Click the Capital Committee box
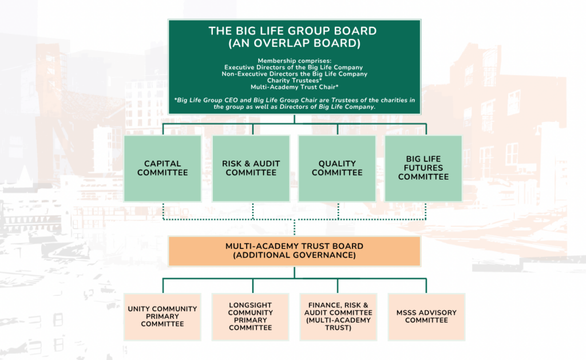point(163,168)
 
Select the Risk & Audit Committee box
point(251,168)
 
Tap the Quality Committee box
point(337,168)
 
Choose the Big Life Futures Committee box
point(423,168)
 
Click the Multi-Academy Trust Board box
point(295,251)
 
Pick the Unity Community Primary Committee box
point(163,317)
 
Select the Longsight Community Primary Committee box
point(251,317)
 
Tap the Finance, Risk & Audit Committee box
point(338,317)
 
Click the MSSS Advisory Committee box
point(426,317)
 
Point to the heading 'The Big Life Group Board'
point(292,31)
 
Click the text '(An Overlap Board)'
point(295,43)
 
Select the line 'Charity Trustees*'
point(295,80)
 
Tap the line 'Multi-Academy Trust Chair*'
point(295,87)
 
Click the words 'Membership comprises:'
point(295,61)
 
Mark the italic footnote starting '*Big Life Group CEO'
point(295,103)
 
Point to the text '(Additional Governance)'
point(295,255)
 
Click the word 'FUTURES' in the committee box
point(423,168)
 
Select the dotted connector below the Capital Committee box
point(163,211)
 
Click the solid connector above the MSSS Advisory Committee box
point(426,286)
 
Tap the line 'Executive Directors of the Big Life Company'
point(294,68)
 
